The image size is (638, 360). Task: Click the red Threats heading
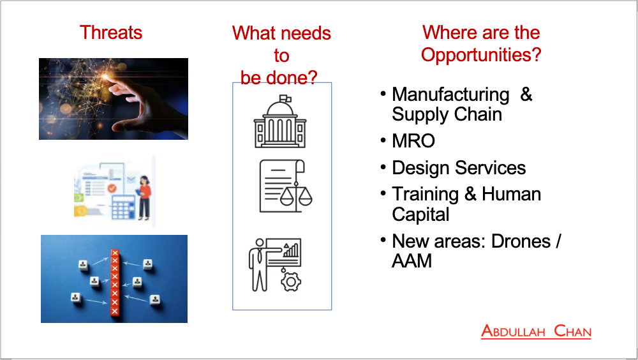click(110, 33)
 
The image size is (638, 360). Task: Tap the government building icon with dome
click(280, 121)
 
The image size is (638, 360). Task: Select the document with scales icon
click(286, 186)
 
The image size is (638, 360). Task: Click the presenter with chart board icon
click(275, 265)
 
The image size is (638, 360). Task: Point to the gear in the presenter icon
click(291, 282)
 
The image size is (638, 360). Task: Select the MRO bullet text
click(413, 141)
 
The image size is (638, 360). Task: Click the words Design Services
click(459, 168)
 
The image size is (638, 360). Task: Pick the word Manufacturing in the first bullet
click(450, 94)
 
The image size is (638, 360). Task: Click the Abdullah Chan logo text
click(536, 331)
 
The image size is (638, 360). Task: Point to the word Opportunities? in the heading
click(481, 54)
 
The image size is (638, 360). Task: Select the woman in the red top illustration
click(144, 198)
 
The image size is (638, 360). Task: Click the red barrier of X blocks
click(115, 283)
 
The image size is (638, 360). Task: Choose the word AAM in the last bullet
click(412, 261)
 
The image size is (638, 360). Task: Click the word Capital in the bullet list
click(420, 214)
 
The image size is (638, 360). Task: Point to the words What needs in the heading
click(281, 33)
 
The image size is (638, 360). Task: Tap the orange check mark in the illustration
click(112, 188)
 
